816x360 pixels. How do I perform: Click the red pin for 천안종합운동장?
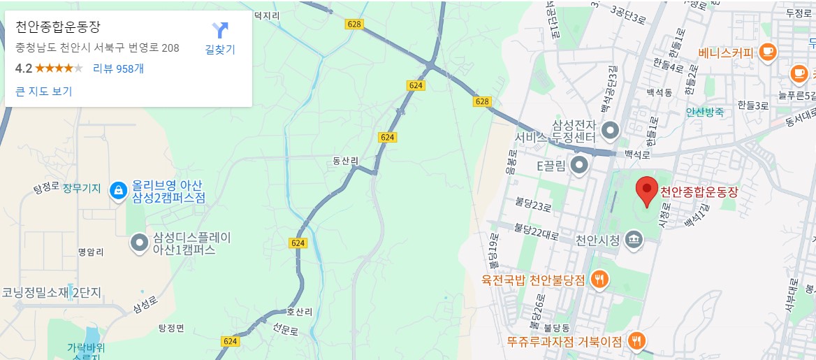pos(647,190)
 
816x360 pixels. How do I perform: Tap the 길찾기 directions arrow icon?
pos(220,31)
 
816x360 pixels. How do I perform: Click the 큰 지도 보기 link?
pos(43,91)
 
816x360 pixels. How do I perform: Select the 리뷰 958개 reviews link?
pos(118,69)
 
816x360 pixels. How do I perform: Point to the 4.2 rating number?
pos(24,69)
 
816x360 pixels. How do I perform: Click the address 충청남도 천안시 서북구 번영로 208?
pos(97,48)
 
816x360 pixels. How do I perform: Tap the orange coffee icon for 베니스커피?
pos(768,52)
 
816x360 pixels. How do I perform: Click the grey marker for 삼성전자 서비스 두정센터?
pos(611,130)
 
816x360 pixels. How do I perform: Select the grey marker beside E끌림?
pos(579,166)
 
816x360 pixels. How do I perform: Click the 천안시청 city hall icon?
pos(634,240)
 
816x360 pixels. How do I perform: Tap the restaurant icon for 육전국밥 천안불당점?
pos(599,280)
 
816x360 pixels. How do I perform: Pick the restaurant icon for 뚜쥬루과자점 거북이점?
pos(636,340)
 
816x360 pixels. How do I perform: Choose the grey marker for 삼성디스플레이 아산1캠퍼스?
pos(140,243)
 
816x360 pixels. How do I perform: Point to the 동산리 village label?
pos(345,161)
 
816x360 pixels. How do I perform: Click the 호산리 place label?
pos(287,312)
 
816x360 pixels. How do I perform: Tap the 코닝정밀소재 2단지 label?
pos(52,292)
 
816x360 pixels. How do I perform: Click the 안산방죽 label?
pos(705,112)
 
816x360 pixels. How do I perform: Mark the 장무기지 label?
pos(82,189)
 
